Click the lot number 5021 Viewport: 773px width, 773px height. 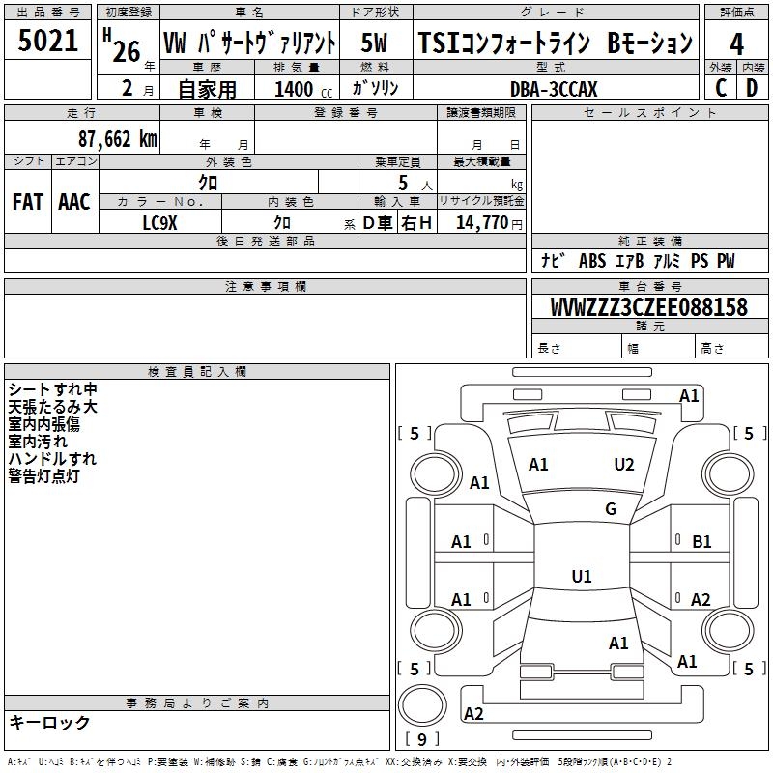tap(48, 42)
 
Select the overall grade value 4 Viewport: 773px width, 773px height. tap(736, 43)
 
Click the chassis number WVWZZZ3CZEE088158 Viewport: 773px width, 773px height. tap(648, 307)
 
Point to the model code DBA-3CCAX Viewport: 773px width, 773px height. tap(554, 89)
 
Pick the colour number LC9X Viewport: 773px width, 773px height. tap(159, 222)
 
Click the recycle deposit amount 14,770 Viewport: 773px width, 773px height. tap(482, 222)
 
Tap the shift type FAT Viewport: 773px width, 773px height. tap(28, 201)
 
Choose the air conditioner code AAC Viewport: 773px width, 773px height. tap(74, 201)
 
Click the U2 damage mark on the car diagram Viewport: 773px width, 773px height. tap(624, 465)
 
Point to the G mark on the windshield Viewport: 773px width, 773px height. tap(611, 509)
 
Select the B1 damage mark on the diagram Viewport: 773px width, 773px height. tap(701, 542)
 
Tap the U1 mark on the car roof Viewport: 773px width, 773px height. tap(582, 577)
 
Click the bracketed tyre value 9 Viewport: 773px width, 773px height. tap(421, 739)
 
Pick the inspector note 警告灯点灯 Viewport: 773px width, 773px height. tap(43, 475)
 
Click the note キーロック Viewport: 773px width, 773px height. tap(49, 722)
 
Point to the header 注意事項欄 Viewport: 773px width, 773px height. tap(265, 287)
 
